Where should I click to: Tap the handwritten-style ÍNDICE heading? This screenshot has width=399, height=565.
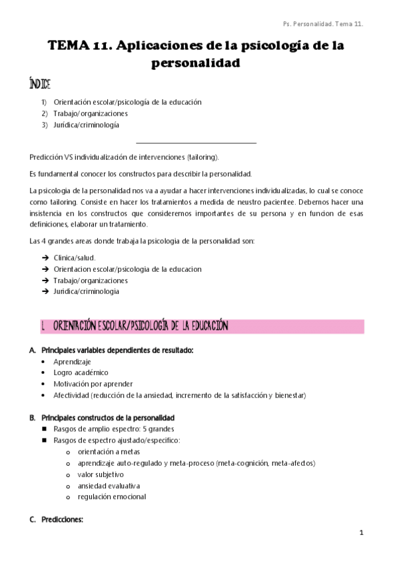click(x=40, y=85)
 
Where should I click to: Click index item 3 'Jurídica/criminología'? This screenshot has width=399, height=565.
click(x=87, y=125)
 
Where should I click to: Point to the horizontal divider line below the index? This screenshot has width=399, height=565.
click(x=196, y=142)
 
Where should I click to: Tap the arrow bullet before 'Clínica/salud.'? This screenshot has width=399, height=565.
click(x=45, y=257)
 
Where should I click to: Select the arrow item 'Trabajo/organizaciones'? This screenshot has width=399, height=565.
click(x=91, y=281)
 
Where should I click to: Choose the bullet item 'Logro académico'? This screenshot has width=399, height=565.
click(x=81, y=372)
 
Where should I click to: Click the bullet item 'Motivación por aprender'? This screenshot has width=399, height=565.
click(x=93, y=384)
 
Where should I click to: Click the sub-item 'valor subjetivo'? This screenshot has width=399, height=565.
click(x=101, y=474)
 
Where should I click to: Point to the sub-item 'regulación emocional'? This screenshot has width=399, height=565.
click(x=111, y=496)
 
